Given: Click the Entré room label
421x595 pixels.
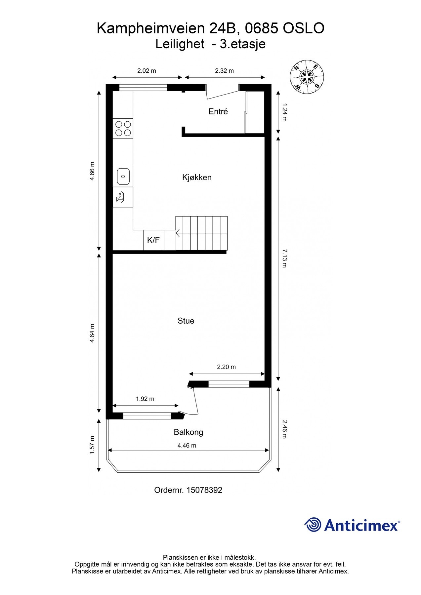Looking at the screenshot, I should coord(218,111).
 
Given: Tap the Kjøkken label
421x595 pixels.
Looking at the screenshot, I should coord(197,177).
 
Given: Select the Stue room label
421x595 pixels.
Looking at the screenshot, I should coord(186,321).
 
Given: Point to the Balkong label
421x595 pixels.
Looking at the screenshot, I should coord(188,432).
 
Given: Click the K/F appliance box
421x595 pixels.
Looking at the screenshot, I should coord(153,240).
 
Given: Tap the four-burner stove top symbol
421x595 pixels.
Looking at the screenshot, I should coord(123,129).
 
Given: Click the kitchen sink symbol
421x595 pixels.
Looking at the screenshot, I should coord(123,176).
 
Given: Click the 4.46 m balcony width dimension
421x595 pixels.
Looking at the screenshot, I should coord(187,445).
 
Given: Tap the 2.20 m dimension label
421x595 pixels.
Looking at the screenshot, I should coord(226,367).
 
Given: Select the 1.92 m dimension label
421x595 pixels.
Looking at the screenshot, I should coord(145,399).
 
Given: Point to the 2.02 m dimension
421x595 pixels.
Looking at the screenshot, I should coord(147,70).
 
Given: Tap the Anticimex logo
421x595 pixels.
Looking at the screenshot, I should coord(352,525).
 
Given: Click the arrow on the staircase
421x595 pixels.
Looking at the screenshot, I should coord(178,233).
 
